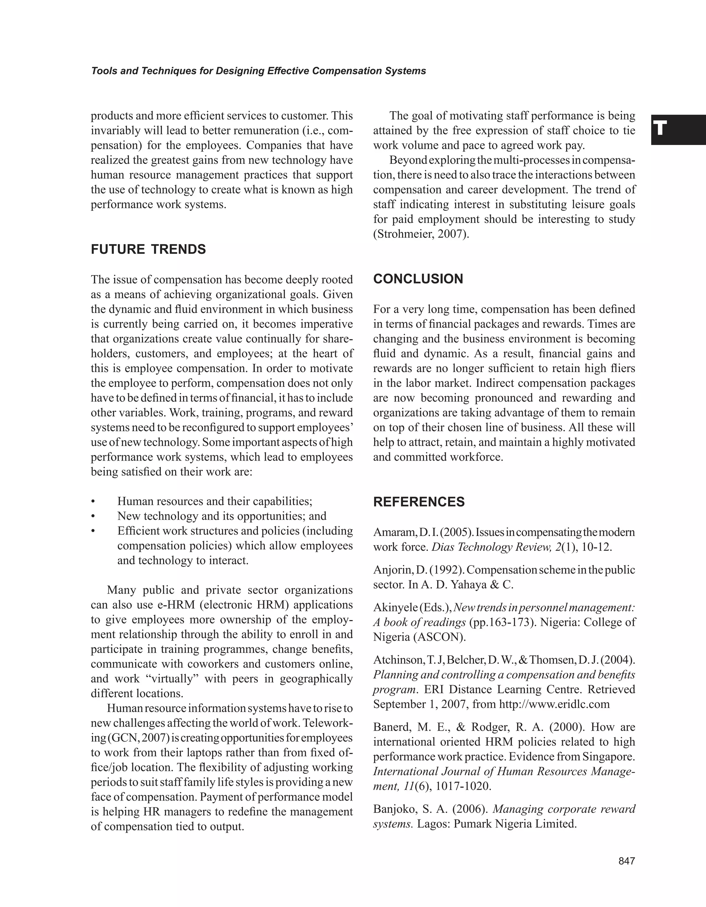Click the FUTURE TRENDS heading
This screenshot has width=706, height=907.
(148, 250)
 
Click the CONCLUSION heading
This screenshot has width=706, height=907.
(418, 279)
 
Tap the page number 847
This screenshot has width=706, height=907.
(627, 861)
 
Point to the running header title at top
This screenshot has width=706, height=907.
(259, 71)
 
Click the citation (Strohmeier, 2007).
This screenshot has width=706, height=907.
(421, 234)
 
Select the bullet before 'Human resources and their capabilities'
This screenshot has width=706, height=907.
(93, 502)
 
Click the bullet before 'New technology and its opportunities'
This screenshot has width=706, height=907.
(93, 517)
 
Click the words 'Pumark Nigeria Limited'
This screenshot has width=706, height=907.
(515, 824)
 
